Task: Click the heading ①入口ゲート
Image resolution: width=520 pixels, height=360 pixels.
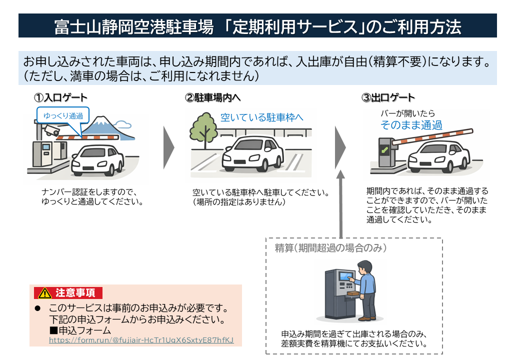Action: (x=60, y=97)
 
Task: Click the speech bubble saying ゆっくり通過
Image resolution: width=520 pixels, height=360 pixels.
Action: (x=63, y=115)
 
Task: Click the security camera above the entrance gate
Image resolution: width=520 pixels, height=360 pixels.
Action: (x=51, y=130)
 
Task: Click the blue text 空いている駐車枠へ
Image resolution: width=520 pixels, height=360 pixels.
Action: (x=262, y=118)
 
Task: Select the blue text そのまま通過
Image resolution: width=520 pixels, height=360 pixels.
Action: (x=411, y=125)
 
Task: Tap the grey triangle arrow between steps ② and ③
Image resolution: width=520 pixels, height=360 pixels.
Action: (x=340, y=148)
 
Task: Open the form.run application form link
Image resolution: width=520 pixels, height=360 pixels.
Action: (x=141, y=340)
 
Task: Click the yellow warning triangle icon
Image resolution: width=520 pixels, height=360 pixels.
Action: (x=44, y=292)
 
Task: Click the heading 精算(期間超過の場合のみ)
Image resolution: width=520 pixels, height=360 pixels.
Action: (x=330, y=248)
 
